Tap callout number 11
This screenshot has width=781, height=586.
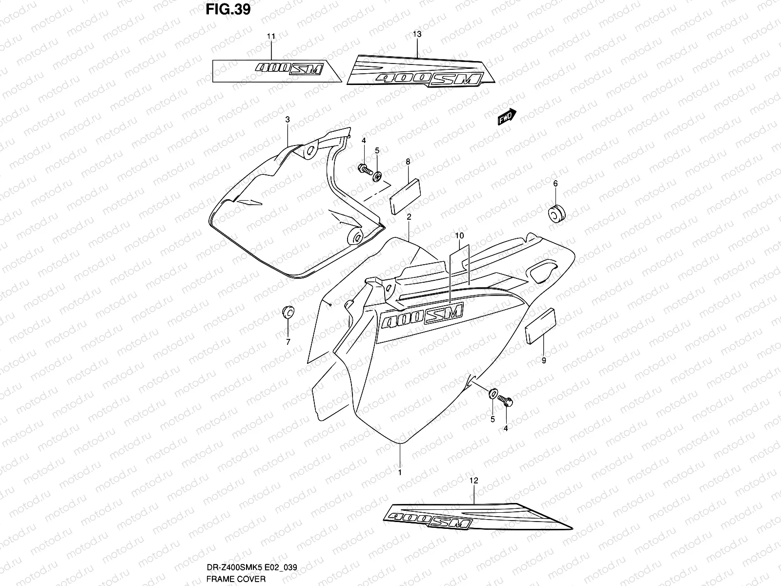[x=271, y=37]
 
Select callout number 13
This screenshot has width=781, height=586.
[x=417, y=34]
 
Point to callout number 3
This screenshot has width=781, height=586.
[x=288, y=120]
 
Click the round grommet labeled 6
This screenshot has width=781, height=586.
[x=556, y=213]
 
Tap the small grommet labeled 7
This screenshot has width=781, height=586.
[x=288, y=311]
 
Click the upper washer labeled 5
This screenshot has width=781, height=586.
[x=378, y=175]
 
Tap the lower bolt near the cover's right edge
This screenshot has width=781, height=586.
[x=505, y=402]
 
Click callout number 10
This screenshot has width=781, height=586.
[x=459, y=236]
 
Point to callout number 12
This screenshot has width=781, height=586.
[x=473, y=481]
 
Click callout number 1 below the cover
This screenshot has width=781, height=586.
[x=400, y=472]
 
